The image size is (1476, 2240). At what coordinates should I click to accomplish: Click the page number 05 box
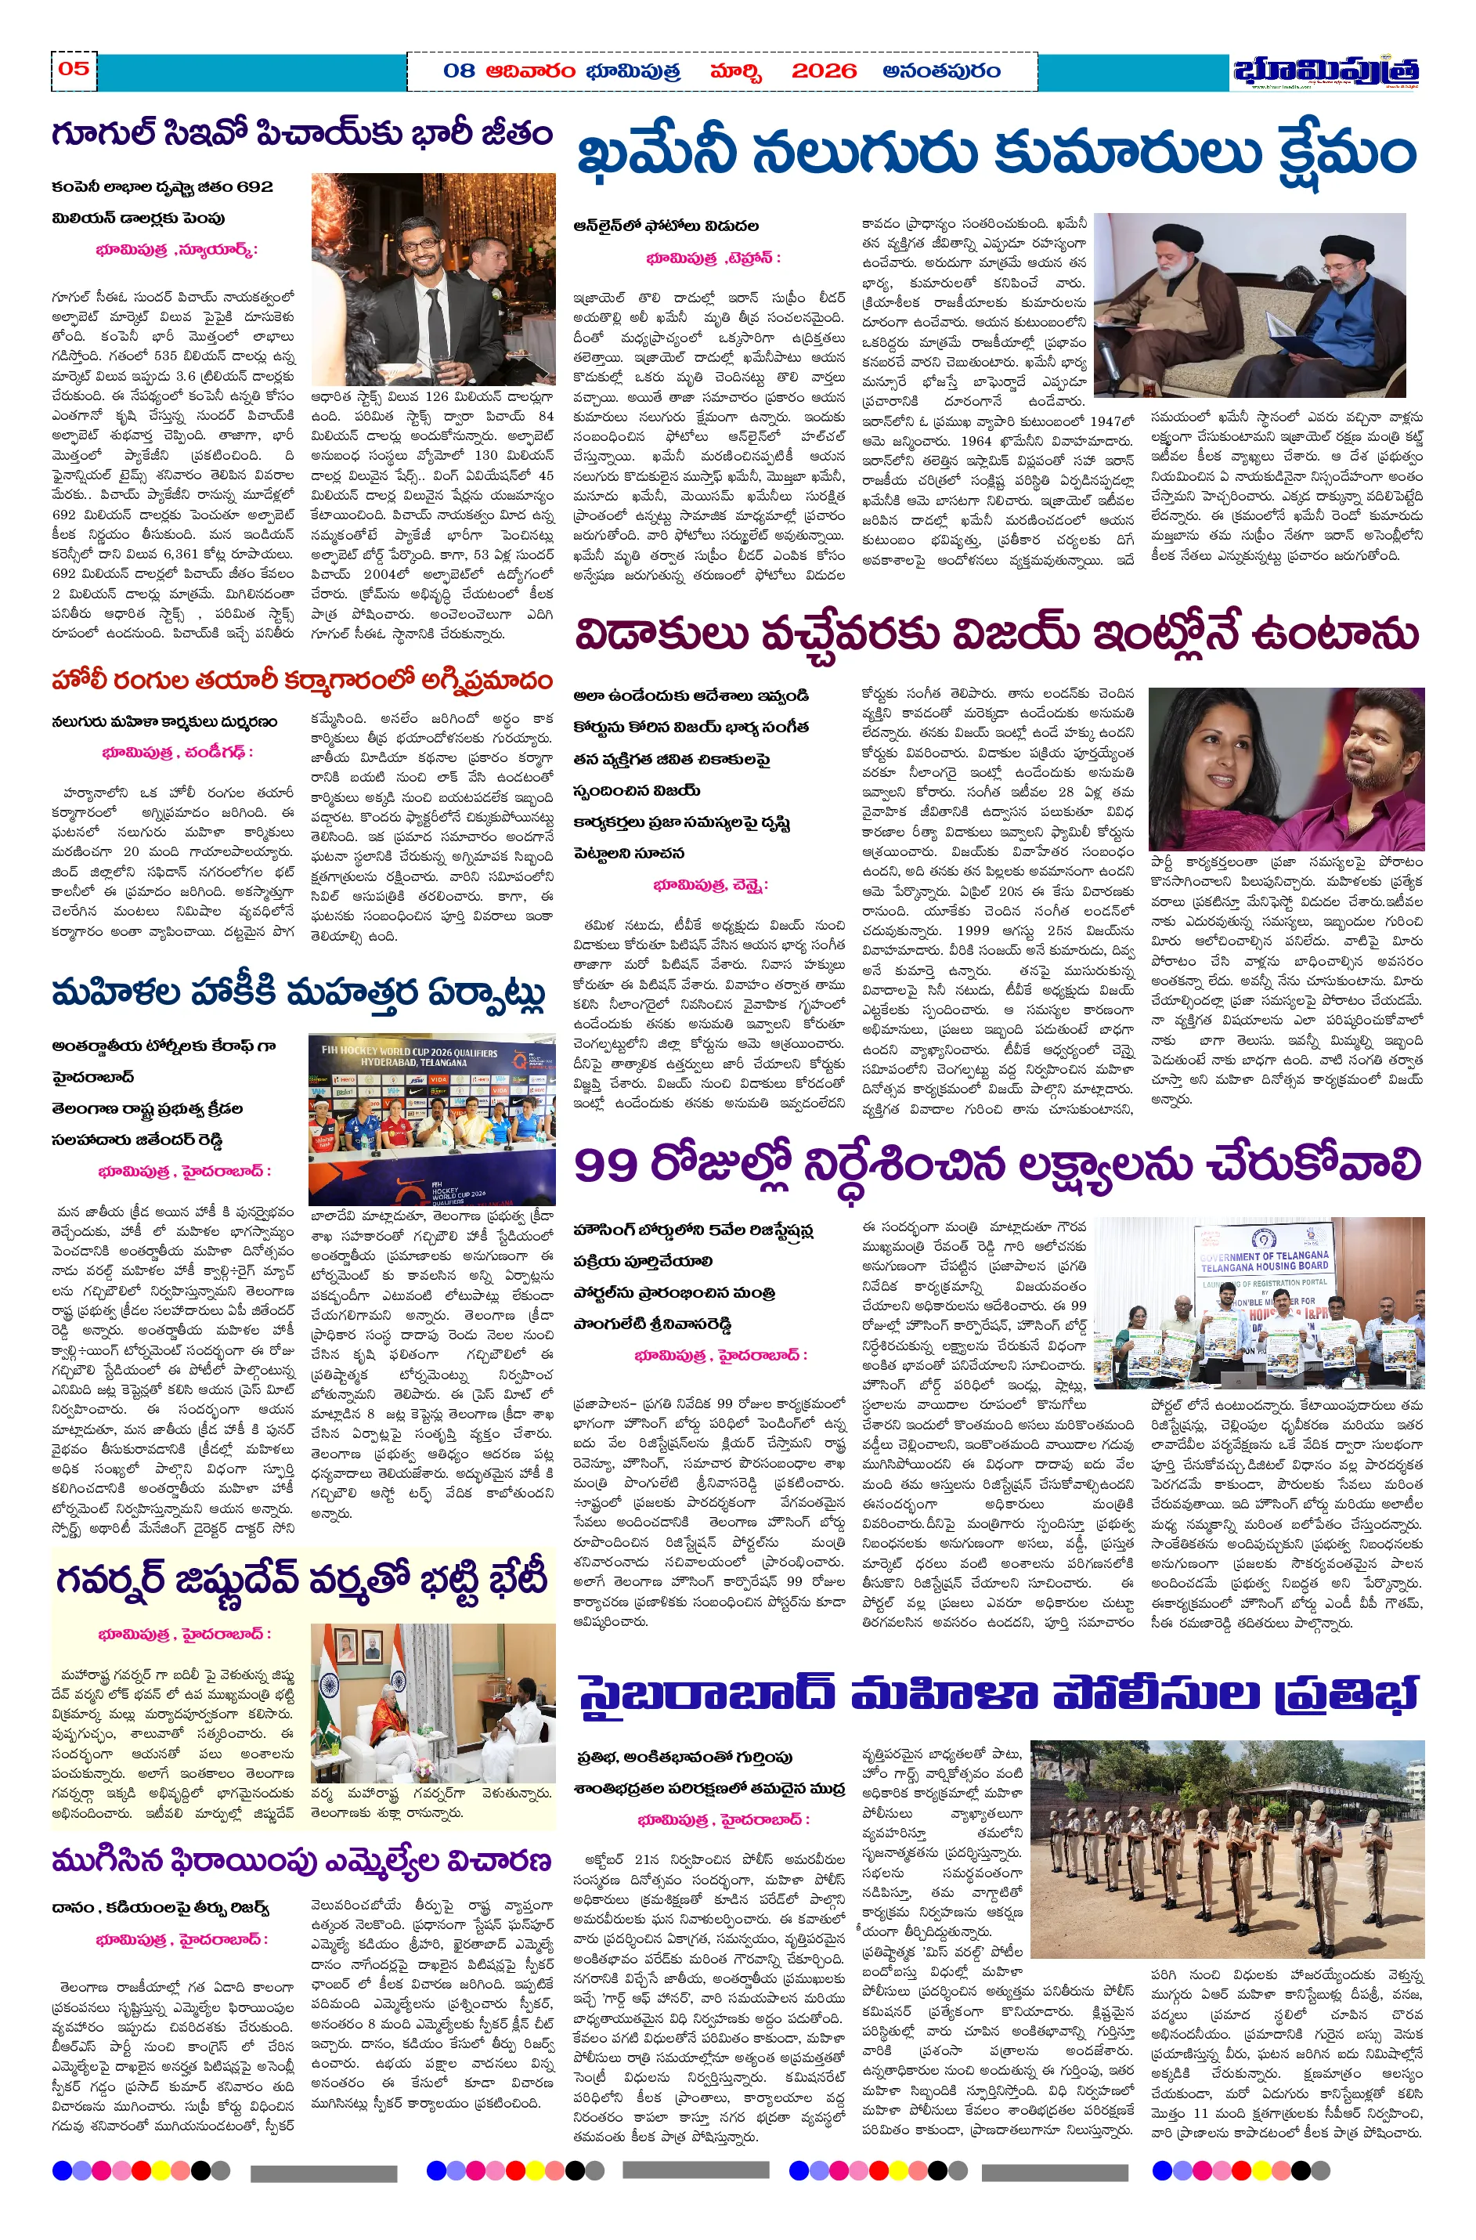[x=74, y=70]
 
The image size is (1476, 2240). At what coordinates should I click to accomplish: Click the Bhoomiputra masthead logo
[x=1326, y=71]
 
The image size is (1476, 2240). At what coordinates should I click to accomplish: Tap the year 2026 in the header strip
[x=824, y=71]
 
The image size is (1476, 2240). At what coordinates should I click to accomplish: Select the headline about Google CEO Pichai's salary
[x=301, y=135]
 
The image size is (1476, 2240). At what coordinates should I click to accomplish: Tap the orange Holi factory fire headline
[x=301, y=679]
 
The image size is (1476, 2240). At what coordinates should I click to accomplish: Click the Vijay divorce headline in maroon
[x=996, y=634]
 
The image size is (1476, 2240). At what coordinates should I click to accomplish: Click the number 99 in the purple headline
[x=607, y=1165]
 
